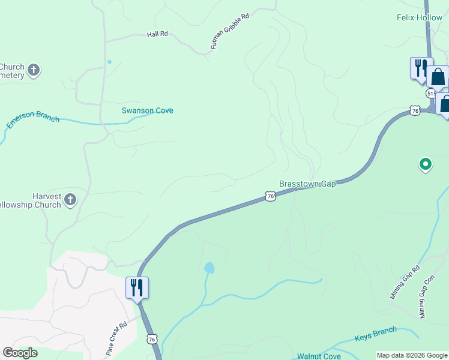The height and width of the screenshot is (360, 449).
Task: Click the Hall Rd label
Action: [157, 35]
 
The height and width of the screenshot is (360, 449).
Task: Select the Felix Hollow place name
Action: [420, 18]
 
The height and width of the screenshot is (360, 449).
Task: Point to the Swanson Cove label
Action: [147, 110]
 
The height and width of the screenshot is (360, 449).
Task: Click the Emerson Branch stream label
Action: [33, 118]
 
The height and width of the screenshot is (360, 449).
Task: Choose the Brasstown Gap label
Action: [307, 184]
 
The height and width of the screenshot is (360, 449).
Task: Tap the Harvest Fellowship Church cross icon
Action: [70, 199]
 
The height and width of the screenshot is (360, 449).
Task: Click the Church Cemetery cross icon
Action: [34, 70]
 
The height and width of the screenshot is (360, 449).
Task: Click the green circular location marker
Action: [425, 163]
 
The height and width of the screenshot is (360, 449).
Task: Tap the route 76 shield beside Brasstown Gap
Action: [270, 196]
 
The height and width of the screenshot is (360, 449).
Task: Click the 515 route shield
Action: [431, 94]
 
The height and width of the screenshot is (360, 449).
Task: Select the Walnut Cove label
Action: [319, 356]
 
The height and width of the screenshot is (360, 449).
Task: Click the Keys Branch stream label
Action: [376, 334]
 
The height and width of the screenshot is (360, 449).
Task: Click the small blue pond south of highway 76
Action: [209, 267]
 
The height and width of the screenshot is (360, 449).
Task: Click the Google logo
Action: [20, 353]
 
